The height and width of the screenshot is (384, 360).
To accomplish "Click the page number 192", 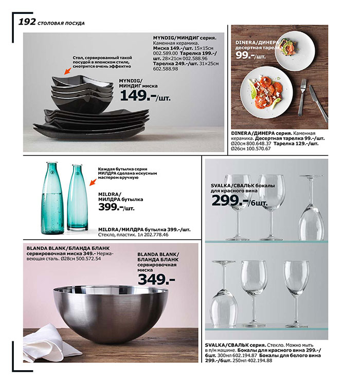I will (x=27, y=22).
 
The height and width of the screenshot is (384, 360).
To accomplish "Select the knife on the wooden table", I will (x=318, y=103).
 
